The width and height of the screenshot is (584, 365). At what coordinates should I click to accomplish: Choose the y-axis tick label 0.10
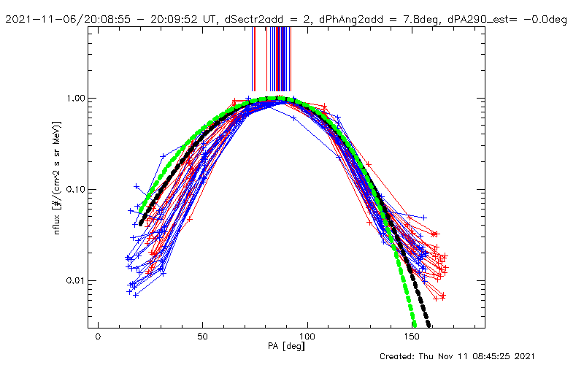tap(77, 190)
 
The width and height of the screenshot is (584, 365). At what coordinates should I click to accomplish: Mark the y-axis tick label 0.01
tap(77, 281)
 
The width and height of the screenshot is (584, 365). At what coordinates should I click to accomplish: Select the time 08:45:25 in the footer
tap(518, 356)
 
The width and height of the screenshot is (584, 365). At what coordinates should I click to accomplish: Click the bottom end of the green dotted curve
tap(415, 326)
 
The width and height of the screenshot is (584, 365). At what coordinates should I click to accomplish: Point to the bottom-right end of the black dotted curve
tap(429, 326)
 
